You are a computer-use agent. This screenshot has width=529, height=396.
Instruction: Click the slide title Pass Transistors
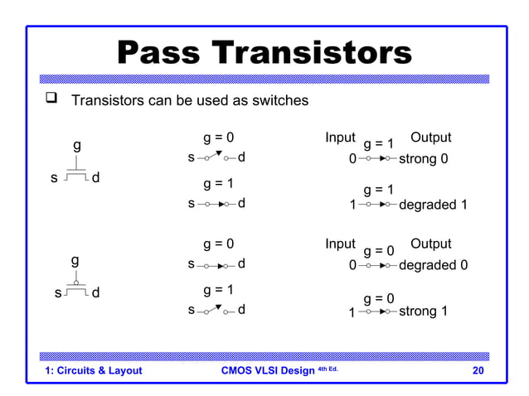pos(264,54)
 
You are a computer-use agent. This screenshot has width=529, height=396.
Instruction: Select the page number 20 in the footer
pos(478,370)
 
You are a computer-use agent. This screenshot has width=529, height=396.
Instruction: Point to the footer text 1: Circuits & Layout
pos(94,370)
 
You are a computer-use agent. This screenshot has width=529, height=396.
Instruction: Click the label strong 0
pos(424,158)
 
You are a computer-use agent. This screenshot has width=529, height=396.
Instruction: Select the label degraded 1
pos(433,205)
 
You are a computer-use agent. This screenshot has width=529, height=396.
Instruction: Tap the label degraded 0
pos(433,266)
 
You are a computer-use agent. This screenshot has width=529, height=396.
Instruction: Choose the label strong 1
pos(424,311)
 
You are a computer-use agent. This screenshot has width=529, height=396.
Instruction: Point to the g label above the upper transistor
pos(77,144)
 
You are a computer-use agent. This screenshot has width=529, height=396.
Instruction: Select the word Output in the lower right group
pos(430,244)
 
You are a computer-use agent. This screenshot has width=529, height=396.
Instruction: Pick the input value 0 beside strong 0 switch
pos(352,158)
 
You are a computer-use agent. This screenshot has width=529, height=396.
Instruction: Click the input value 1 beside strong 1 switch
pos(352,312)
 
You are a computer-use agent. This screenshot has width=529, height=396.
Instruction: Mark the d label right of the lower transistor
pos(96,292)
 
